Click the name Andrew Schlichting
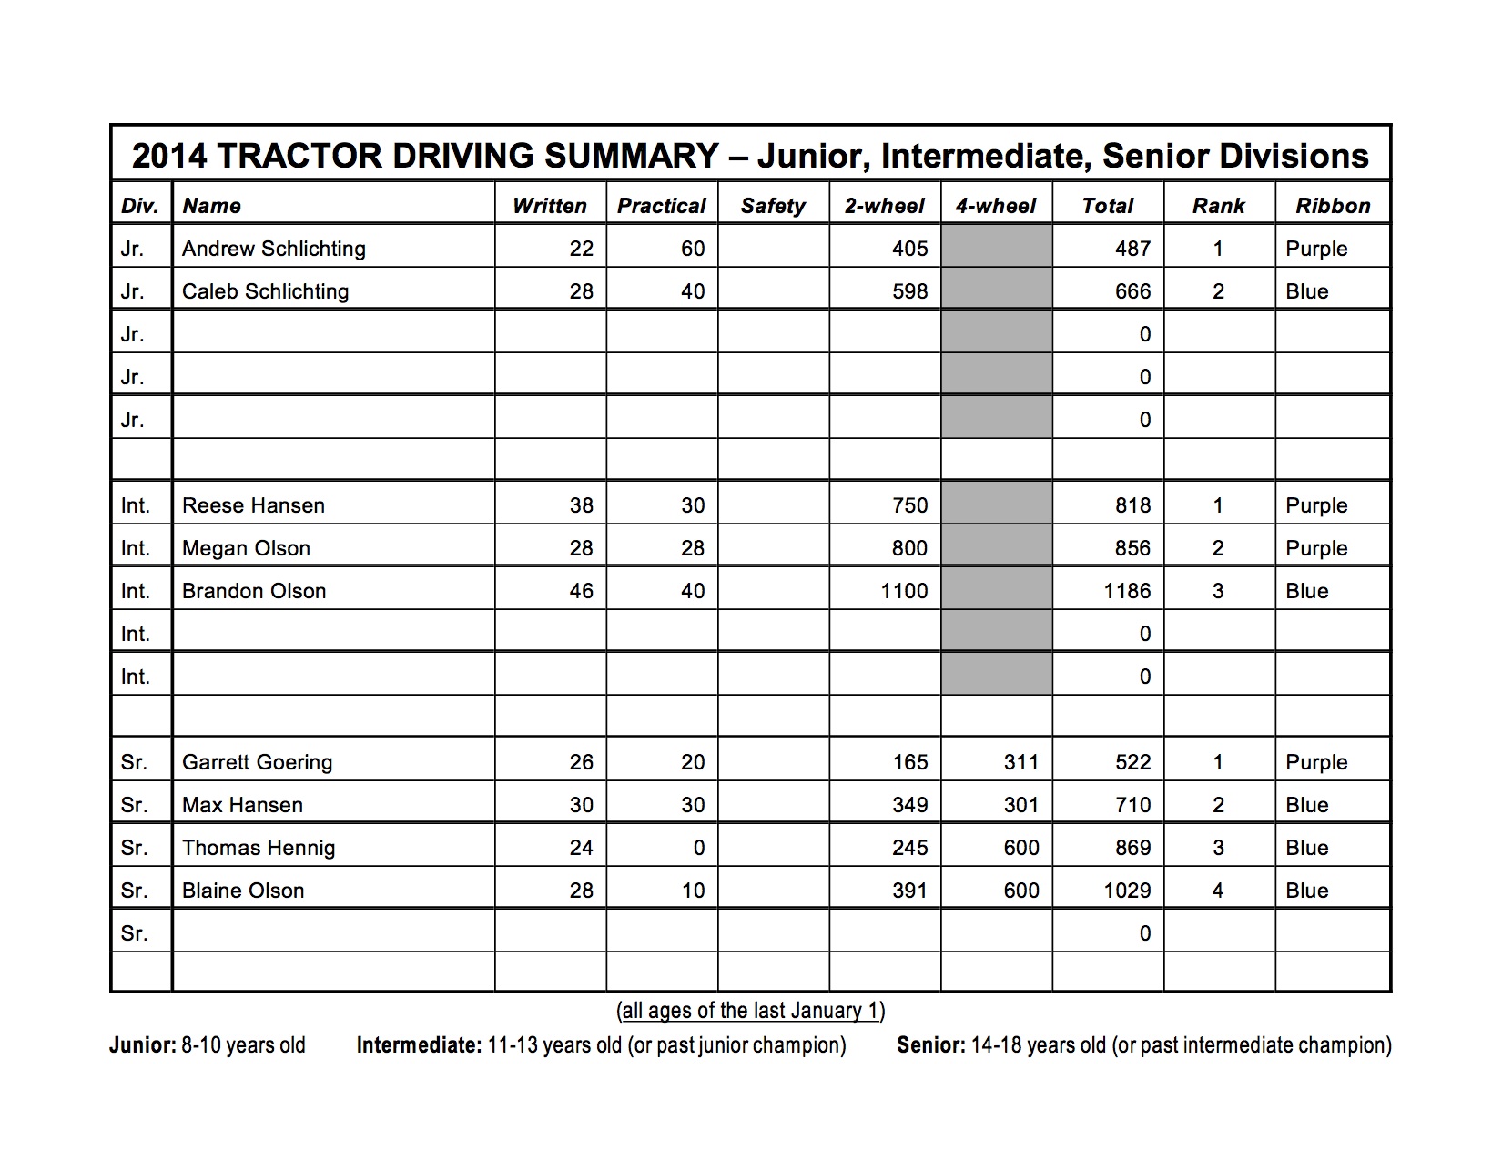pos(273,249)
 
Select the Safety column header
pos(773,206)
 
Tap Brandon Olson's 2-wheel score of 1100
pos(904,591)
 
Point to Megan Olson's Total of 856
pos(1132,548)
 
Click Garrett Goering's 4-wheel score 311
pos(1020,762)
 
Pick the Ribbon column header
pos(1333,206)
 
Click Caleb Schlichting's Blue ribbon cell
pos(1307,291)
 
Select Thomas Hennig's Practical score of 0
pos(698,848)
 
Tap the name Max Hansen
pos(242,805)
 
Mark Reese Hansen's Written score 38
pos(581,505)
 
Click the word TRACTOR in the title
pos(299,156)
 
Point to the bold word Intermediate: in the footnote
pos(419,1045)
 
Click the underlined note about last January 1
pos(750,1011)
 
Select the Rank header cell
pos(1218,206)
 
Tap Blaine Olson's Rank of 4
pos(1218,891)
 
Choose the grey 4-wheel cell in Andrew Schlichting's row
pos(996,249)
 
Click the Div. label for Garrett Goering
pos(134,762)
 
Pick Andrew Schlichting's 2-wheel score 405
pos(909,249)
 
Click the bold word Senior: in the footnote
pos(930,1045)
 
